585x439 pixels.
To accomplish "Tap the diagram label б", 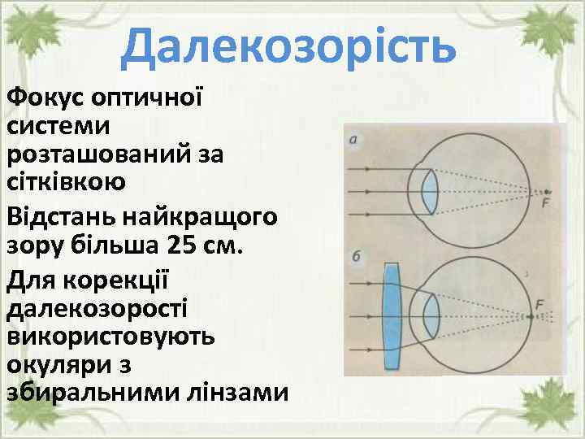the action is (x=356, y=257).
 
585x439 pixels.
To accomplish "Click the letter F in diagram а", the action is (x=545, y=203).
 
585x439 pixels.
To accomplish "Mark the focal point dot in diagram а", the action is (x=547, y=191).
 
